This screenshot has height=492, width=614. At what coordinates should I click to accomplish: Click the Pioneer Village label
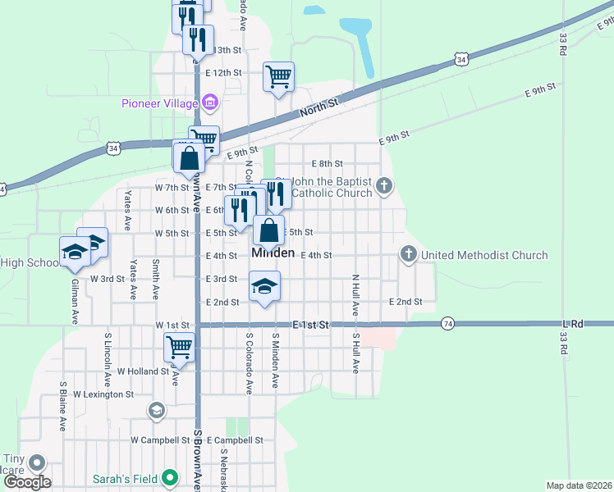click(160, 103)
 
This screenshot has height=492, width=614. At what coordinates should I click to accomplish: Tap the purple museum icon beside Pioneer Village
click(211, 102)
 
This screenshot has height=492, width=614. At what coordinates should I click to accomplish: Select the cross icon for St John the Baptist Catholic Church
click(383, 187)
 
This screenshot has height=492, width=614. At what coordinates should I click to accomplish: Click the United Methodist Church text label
click(483, 255)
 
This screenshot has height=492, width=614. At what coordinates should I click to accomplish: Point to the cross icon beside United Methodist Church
click(409, 255)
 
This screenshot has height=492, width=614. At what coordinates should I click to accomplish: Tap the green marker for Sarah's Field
click(170, 476)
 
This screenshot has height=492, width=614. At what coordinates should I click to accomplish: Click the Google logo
click(27, 482)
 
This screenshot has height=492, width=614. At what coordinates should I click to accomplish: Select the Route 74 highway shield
click(447, 323)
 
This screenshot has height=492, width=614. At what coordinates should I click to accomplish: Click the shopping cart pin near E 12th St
click(278, 77)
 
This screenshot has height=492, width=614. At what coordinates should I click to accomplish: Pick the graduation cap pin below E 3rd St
click(264, 287)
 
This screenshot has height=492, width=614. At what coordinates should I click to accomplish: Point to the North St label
click(319, 107)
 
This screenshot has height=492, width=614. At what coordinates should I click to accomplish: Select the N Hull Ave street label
click(355, 296)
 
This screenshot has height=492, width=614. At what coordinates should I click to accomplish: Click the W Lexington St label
click(103, 394)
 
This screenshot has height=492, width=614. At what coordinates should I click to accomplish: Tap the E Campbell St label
click(234, 440)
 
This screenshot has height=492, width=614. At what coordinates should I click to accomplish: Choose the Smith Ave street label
click(155, 279)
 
